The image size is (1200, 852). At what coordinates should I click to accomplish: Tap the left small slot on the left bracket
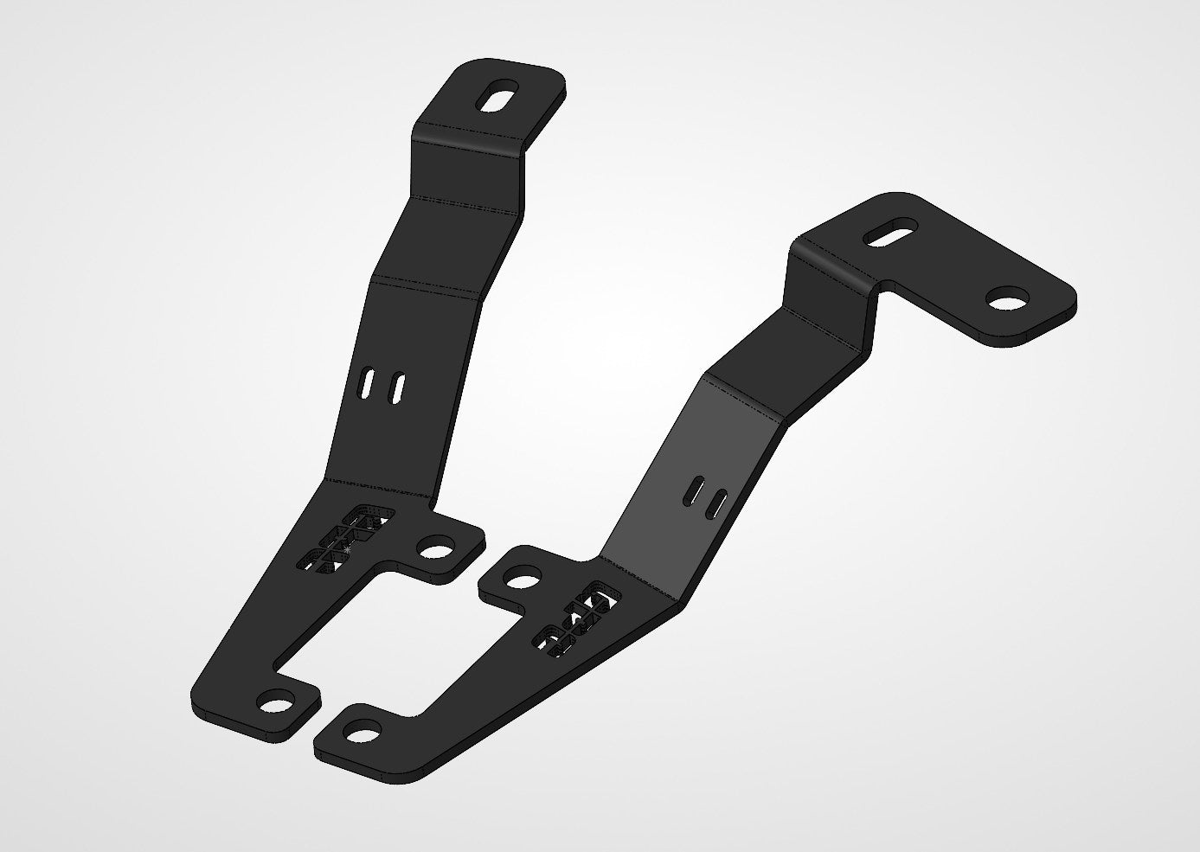click(368, 385)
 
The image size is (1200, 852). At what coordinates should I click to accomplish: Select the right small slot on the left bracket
click(397, 388)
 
